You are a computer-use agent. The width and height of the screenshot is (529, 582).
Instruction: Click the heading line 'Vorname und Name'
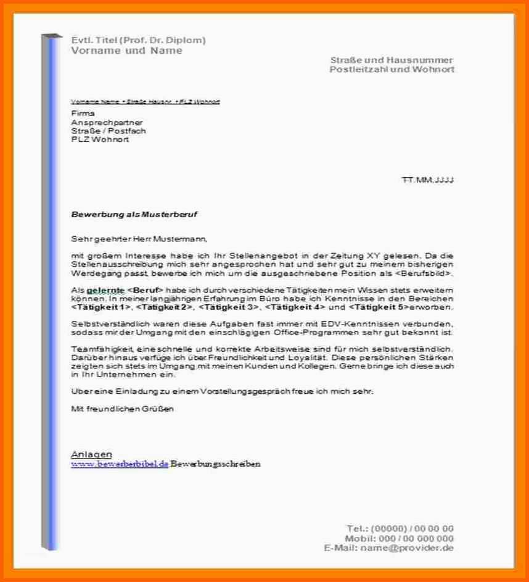click(x=127, y=51)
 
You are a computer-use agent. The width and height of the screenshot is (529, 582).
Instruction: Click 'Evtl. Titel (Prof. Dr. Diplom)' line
click(x=139, y=40)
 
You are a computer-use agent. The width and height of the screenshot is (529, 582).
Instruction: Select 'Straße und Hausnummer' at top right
click(x=392, y=60)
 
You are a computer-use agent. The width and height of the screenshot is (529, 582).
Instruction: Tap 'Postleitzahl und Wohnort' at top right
click(x=392, y=70)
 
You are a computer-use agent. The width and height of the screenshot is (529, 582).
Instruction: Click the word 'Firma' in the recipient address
click(x=83, y=114)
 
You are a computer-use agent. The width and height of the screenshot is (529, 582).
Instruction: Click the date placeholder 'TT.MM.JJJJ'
click(x=428, y=180)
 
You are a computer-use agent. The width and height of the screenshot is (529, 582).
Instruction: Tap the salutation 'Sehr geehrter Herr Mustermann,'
click(x=139, y=238)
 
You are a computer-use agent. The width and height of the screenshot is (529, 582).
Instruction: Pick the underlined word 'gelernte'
click(x=105, y=290)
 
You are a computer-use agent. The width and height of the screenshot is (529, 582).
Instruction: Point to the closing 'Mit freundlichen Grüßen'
click(x=123, y=408)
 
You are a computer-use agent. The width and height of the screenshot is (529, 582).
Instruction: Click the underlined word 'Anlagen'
click(x=92, y=454)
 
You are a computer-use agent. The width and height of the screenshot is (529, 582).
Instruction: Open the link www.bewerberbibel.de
click(x=120, y=464)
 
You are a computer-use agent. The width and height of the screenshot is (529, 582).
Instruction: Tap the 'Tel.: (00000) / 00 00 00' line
click(x=400, y=528)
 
